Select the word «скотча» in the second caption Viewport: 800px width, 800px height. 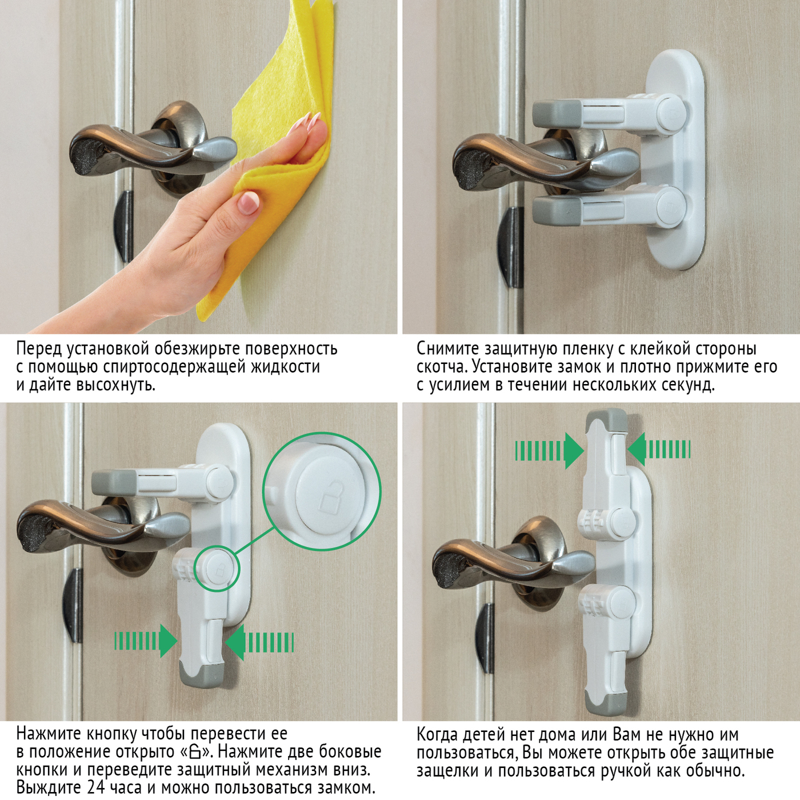(441, 367)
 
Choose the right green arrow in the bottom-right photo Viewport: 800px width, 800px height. (659, 450)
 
